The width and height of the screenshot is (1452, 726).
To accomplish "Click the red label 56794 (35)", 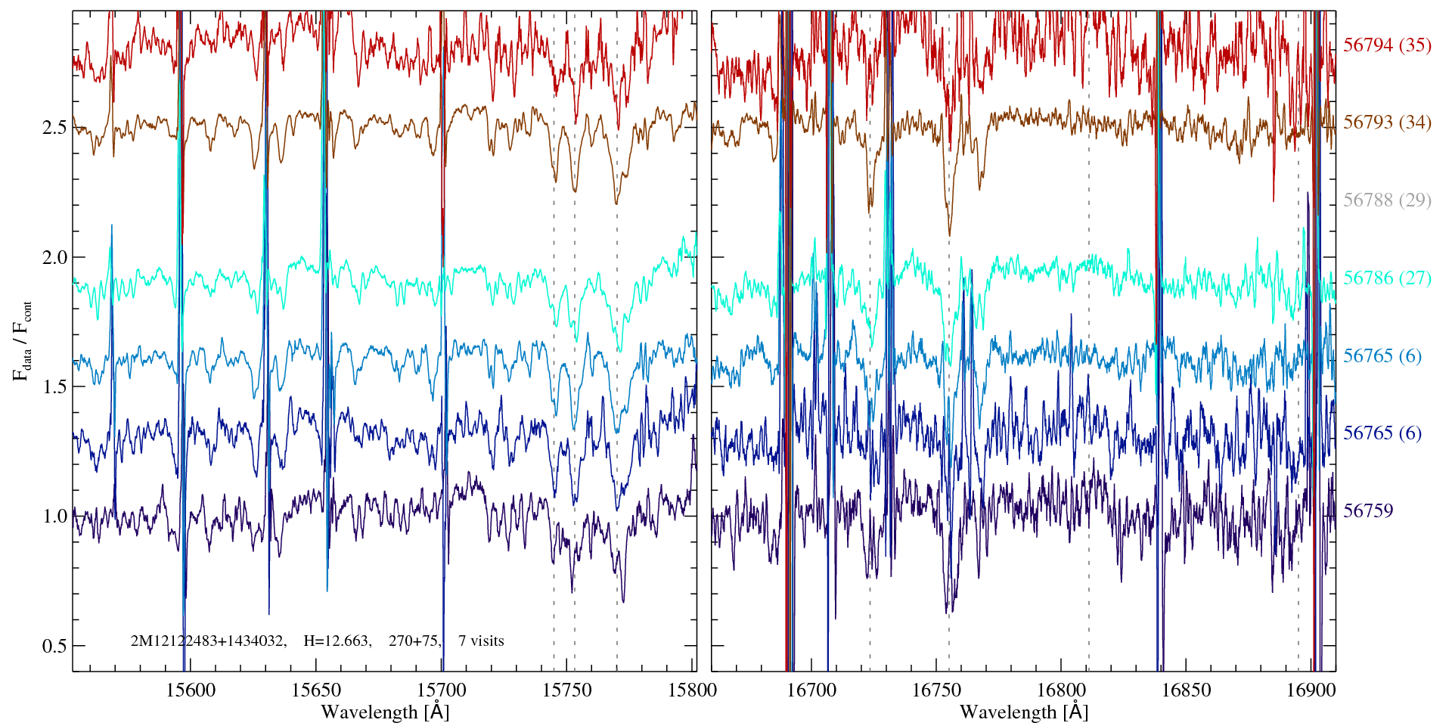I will click(1387, 45).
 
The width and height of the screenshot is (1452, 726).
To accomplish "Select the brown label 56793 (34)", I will click(1387, 123).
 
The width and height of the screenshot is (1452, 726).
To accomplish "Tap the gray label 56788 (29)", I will click(1387, 200).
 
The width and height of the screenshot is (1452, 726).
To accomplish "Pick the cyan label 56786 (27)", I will click(1387, 278).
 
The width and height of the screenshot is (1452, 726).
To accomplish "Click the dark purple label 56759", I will click(1368, 511).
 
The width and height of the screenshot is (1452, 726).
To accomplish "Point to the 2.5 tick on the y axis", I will click(54, 127).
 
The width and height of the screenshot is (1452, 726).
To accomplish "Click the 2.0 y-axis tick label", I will click(54, 257).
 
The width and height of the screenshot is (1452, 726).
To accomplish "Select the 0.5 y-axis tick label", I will click(54, 647).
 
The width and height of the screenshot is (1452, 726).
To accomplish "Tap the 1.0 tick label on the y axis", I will click(54, 517).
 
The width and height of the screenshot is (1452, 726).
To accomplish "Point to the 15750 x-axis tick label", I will click(567, 690).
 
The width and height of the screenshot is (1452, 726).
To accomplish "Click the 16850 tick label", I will click(1186, 690).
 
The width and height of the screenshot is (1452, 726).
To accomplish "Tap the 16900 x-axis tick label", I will click(1311, 690).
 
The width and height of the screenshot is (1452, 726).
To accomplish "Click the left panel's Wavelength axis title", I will click(385, 712).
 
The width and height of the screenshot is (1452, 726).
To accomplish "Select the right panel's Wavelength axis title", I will click(1023, 712).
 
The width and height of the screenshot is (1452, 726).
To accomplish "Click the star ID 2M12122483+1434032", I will click(208, 641).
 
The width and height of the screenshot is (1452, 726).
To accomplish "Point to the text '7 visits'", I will click(481, 641).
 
